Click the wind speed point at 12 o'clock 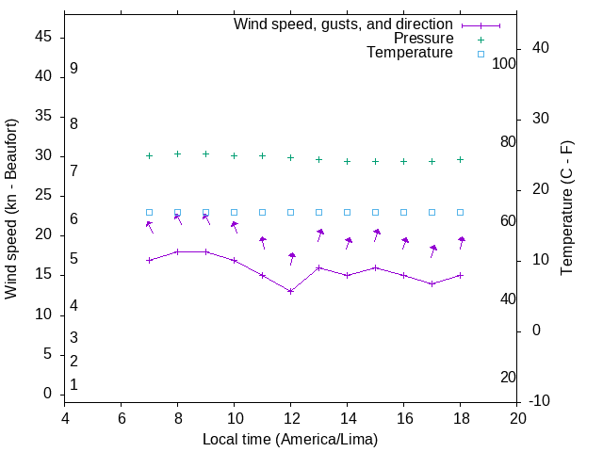290,291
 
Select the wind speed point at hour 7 149,260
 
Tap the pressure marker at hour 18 460,159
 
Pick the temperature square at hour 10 234,213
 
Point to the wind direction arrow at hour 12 292,258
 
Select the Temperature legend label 410,53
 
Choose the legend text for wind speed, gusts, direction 343,24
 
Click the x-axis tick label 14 347,419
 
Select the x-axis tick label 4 65,419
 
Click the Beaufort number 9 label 73,69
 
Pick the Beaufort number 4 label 73,305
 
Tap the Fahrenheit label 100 504,63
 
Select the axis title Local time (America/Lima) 290,438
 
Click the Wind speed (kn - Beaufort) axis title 11,209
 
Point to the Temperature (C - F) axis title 567,208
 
